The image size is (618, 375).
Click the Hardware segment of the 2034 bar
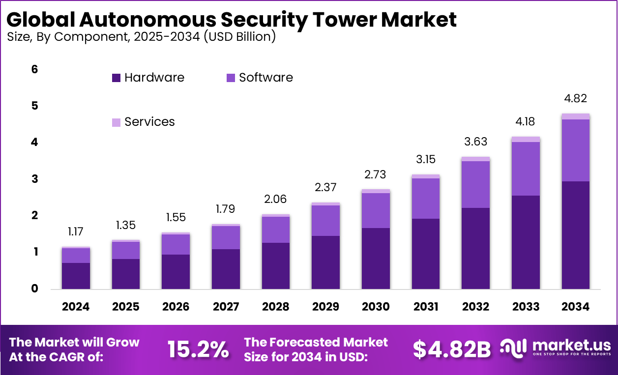coord(575,235)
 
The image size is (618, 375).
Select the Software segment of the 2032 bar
coord(475,184)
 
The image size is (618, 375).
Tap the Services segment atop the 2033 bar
coord(526,140)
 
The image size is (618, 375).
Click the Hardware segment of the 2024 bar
coord(76,276)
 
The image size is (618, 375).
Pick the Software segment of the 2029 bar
coord(325,220)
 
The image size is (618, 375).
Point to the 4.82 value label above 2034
coord(575,98)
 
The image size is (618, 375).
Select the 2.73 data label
coord(376,174)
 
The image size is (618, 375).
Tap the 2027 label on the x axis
coord(226,307)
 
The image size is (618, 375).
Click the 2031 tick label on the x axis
coord(426,307)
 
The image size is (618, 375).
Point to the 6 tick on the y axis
coord(34,70)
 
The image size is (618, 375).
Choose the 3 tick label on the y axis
coord(34,179)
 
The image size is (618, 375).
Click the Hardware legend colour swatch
coord(116,78)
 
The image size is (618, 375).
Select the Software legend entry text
coord(265,78)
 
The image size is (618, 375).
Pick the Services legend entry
coord(149,122)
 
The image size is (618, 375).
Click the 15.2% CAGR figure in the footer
coord(198,349)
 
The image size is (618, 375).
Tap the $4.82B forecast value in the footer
coord(451,349)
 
